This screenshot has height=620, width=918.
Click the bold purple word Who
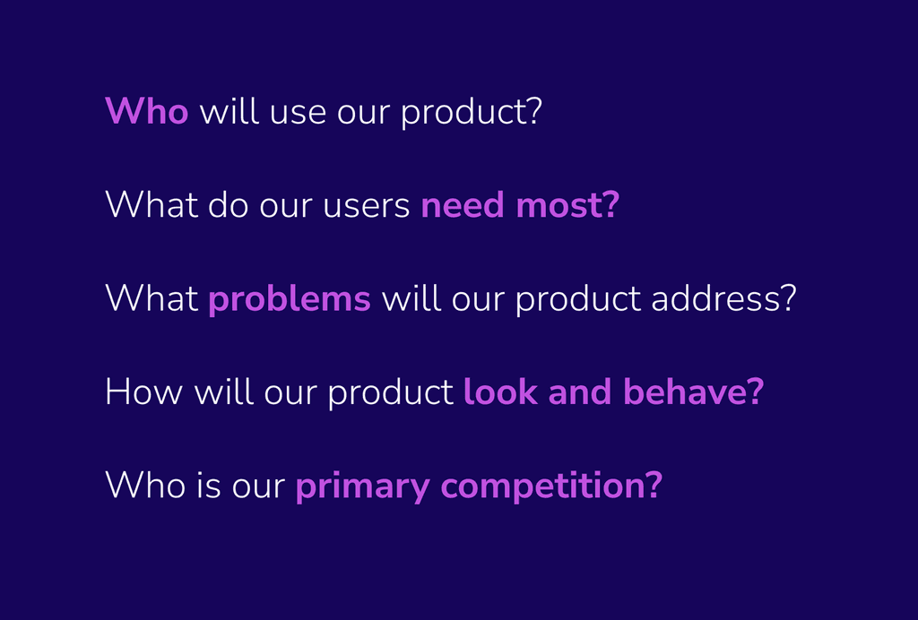(x=146, y=110)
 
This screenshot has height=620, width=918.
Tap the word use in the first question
(x=298, y=114)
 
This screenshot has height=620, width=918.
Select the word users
(x=367, y=207)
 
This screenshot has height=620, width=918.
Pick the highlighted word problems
(x=290, y=299)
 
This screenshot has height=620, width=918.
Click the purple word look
(x=500, y=392)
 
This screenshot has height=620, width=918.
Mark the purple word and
(x=580, y=392)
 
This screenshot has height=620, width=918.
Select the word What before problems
(x=152, y=298)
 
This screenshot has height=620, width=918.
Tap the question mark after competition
(x=654, y=486)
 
